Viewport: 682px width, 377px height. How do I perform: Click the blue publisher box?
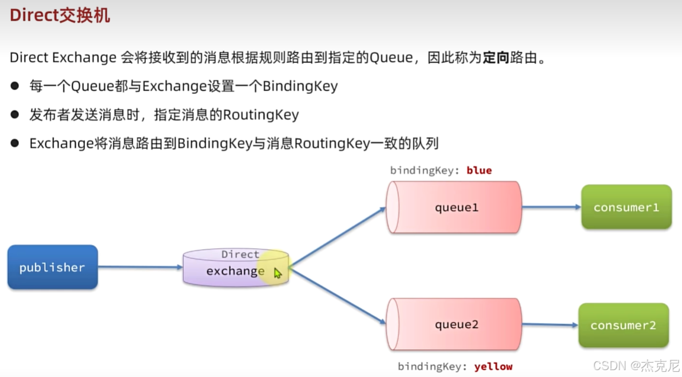pyautogui.click(x=52, y=267)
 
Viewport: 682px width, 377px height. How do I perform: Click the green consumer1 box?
pyautogui.click(x=626, y=207)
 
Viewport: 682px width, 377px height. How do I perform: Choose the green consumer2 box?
pyautogui.click(x=623, y=325)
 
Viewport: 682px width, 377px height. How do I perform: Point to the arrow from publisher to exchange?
pyautogui.click(x=140, y=267)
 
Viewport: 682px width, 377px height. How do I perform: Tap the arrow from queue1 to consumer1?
pyautogui.click(x=551, y=207)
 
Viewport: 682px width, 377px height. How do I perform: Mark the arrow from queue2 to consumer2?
pyautogui.click(x=550, y=325)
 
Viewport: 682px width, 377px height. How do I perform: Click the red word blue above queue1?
pyautogui.click(x=479, y=170)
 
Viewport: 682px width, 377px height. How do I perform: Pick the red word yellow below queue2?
pyautogui.click(x=493, y=367)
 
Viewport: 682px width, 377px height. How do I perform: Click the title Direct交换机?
pyautogui.click(x=60, y=15)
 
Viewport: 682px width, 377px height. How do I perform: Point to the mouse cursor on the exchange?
pyautogui.click(x=277, y=273)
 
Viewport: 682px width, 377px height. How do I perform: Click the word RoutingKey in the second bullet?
pyautogui.click(x=261, y=115)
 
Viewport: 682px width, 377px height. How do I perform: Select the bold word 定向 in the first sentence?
pyautogui.click(x=496, y=58)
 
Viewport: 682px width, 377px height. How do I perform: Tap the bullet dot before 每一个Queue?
pyautogui.click(x=15, y=87)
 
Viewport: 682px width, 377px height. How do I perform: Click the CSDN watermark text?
pyautogui.click(x=636, y=366)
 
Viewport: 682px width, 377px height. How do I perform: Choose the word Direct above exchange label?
pyautogui.click(x=240, y=254)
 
